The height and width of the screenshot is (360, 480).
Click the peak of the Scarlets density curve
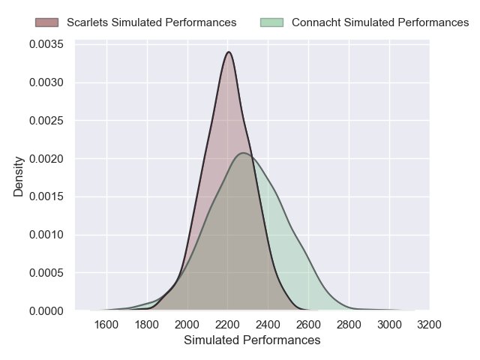click(x=229, y=52)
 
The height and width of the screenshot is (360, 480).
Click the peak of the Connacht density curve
click(x=244, y=153)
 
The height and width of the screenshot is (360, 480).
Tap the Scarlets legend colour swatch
click(x=47, y=22)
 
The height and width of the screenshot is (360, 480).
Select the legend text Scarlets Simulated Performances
click(x=151, y=22)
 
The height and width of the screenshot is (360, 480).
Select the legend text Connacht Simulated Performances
click(x=380, y=22)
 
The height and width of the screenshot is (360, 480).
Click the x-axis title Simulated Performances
click(x=252, y=340)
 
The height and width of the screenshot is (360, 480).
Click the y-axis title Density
click(x=19, y=176)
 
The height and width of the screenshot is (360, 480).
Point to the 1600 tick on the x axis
click(x=107, y=325)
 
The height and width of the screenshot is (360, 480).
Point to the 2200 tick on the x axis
click(x=228, y=325)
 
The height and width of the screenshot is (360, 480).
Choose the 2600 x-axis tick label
click(x=308, y=325)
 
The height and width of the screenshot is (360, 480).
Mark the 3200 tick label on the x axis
click(x=429, y=325)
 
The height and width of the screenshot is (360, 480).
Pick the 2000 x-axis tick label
click(x=187, y=325)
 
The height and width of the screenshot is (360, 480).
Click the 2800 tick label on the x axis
click(x=349, y=325)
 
